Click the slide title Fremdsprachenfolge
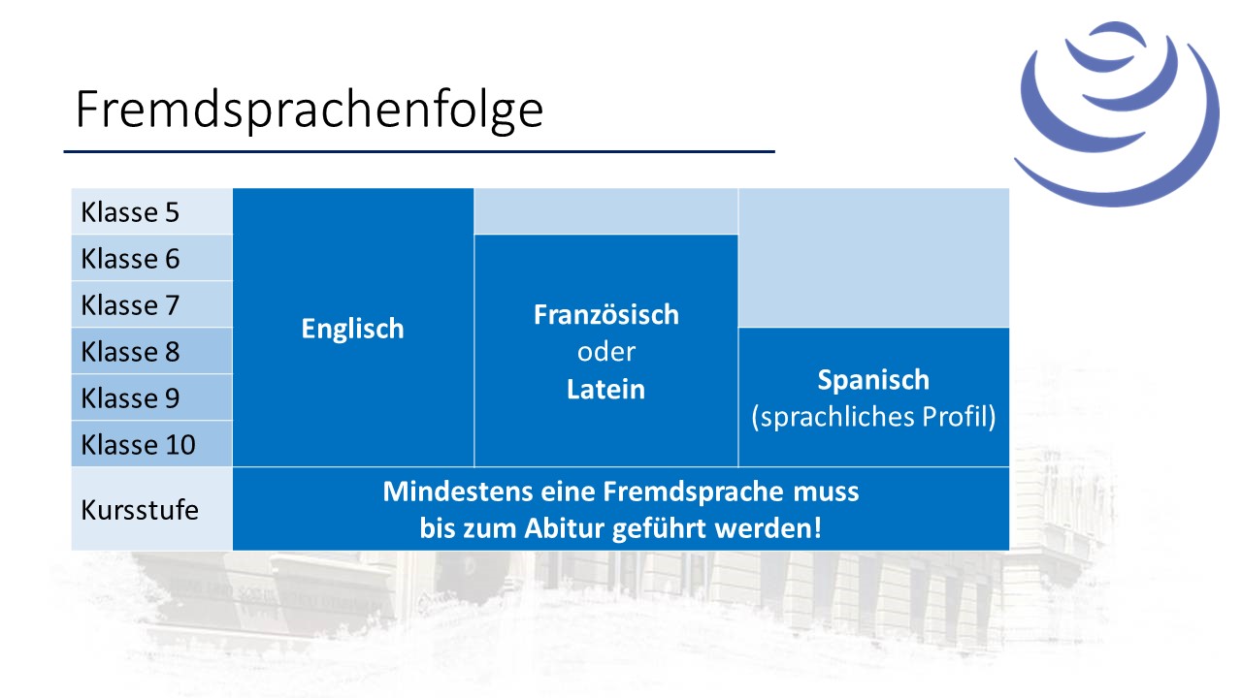pos(309,111)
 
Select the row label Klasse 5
pos(130,212)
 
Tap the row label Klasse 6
pos(130,259)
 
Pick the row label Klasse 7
pos(130,305)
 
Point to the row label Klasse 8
pos(130,352)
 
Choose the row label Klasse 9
pos(130,398)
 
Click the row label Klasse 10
pos(138,445)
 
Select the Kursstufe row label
pos(140,510)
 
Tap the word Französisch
pos(606,315)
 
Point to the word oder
pos(606,352)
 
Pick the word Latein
pos(606,389)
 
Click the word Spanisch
pos(873,381)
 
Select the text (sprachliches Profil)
pos(873,417)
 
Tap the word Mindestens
pos(458,492)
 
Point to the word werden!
pos(768,528)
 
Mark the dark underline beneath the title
pos(419,151)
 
